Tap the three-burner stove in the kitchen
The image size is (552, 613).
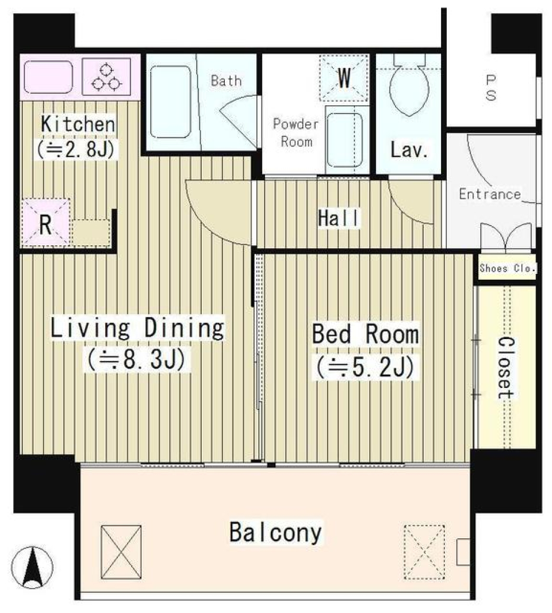click(x=108, y=77)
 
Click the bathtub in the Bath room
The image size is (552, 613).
click(x=170, y=101)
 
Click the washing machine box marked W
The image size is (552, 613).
click(x=344, y=78)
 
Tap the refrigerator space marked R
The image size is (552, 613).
click(x=45, y=223)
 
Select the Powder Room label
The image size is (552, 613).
click(x=296, y=133)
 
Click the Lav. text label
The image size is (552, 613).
click(x=409, y=151)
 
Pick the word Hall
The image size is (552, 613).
click(x=339, y=218)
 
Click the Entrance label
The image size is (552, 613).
click(x=489, y=194)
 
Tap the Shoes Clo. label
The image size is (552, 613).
click(x=507, y=268)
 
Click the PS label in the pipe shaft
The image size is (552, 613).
click(x=490, y=88)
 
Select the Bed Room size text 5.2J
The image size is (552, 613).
click(x=364, y=367)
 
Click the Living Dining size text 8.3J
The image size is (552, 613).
click(x=136, y=361)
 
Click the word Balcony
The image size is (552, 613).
click(x=275, y=532)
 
